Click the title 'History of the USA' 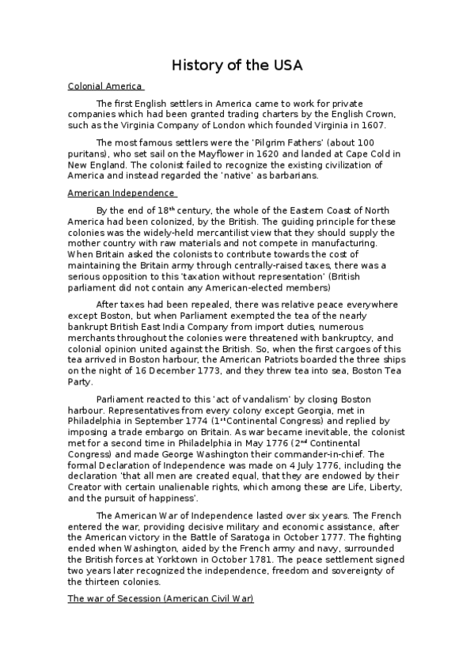[237, 65]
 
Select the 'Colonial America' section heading [104, 86]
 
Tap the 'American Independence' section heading [121, 192]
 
